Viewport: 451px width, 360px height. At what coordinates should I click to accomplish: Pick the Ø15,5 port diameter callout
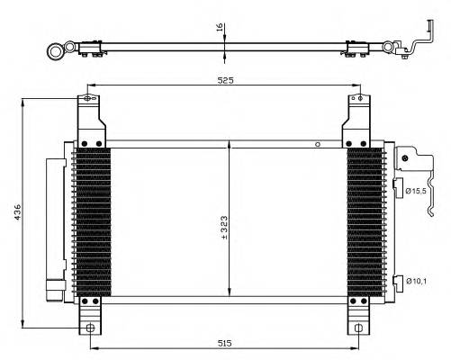tap(419, 191)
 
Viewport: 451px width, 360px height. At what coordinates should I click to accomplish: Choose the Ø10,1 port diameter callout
tap(419, 281)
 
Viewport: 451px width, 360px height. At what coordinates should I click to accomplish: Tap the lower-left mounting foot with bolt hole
tap(88, 319)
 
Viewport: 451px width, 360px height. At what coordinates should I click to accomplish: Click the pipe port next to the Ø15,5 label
tap(396, 187)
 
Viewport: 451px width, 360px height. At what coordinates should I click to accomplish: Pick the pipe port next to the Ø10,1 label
tap(396, 281)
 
